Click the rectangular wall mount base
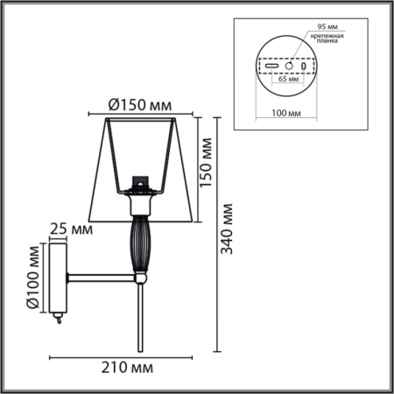point(59,278)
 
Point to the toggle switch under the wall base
point(58,320)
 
